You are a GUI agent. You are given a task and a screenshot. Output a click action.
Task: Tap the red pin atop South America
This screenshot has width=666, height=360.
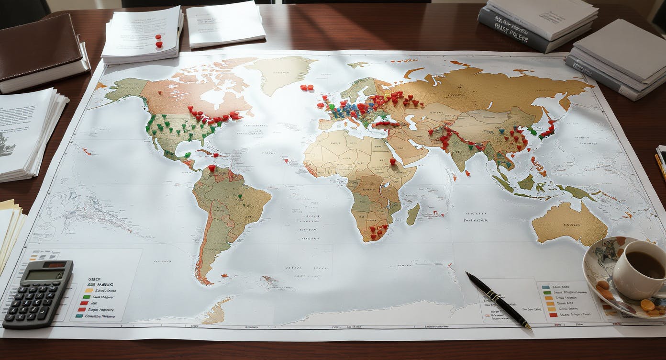click(x=211, y=168)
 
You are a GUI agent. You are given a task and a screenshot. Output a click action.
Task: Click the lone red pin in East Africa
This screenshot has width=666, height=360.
click(x=393, y=162)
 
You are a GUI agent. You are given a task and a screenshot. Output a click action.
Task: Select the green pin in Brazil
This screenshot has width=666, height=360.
click(x=240, y=196)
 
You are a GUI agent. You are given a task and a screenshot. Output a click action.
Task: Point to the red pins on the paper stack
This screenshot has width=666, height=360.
click(x=158, y=41)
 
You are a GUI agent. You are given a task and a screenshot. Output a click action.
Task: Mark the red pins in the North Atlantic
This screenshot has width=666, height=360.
click(x=306, y=88)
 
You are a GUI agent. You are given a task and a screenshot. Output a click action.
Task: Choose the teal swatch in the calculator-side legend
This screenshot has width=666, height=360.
click(x=79, y=316)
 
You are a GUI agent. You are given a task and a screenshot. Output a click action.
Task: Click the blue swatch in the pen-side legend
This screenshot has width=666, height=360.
click(x=546, y=287)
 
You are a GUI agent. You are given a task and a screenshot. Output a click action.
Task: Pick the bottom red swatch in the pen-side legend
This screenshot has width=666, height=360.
click(x=553, y=315)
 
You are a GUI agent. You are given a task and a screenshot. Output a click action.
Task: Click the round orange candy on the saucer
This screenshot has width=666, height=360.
click(x=647, y=305)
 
